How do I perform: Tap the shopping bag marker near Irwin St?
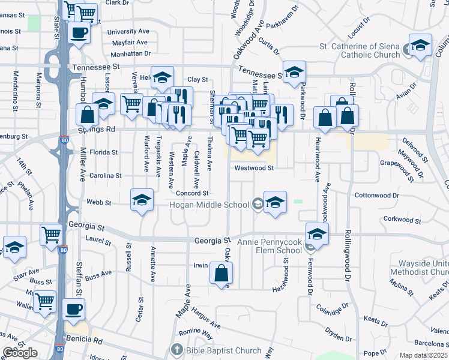click(x=221, y=274)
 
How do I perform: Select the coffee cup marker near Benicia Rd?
click(x=74, y=309)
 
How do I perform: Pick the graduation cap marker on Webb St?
click(x=142, y=200)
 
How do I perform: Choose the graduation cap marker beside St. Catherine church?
click(x=420, y=45)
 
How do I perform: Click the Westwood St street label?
click(x=254, y=168)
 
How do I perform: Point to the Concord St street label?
click(x=192, y=193)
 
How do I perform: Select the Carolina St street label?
click(x=106, y=176)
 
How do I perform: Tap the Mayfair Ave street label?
click(x=130, y=43)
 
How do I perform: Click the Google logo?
click(x=20, y=353)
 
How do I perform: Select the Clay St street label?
click(x=197, y=79)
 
